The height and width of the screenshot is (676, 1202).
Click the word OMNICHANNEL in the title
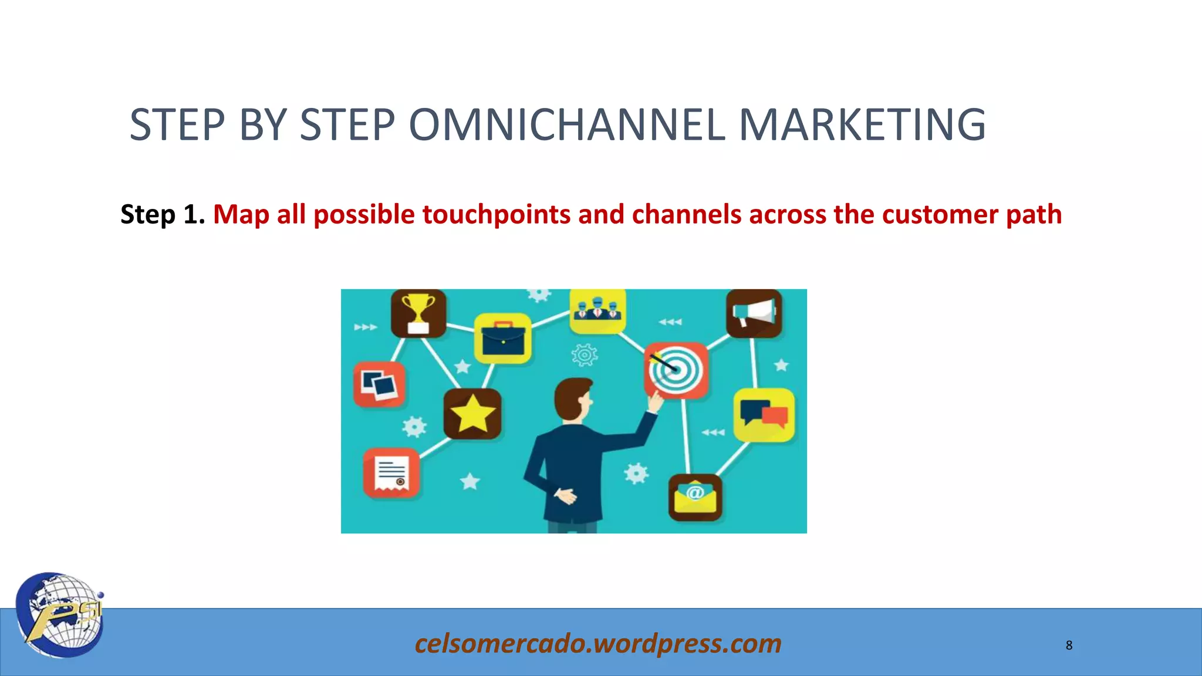[567, 125]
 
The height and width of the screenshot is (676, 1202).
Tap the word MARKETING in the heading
[862, 125]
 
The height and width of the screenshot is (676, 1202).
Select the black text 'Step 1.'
[162, 214]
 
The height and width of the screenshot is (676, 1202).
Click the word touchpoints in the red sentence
[496, 215]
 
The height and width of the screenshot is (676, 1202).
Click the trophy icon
[418, 313]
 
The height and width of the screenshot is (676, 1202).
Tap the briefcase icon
[502, 339]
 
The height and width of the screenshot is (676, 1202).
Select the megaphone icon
[754, 313]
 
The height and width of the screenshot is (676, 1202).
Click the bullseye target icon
[676, 370]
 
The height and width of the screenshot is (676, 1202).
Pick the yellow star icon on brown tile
[472, 414]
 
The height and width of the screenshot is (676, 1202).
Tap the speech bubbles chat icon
[764, 414]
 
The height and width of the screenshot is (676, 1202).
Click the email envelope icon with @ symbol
[695, 497]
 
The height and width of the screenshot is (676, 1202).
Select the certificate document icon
[391, 473]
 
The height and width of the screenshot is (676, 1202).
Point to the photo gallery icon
[379, 384]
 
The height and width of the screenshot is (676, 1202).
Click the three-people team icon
[597, 310]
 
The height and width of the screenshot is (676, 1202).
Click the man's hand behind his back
[565, 496]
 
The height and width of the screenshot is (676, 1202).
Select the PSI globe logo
[60, 614]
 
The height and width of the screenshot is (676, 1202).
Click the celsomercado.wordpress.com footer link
[598, 644]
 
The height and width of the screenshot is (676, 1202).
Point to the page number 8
[1069, 645]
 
